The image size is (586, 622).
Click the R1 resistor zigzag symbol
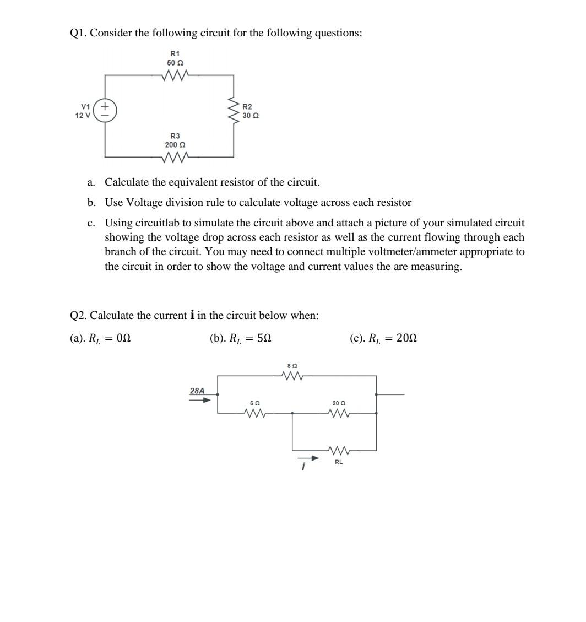(175, 75)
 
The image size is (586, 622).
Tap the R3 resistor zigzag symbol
(175, 157)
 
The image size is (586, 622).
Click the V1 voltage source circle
(105, 110)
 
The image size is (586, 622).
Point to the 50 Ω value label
(175, 63)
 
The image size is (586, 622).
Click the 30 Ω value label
(251, 116)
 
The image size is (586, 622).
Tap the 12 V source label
(83, 116)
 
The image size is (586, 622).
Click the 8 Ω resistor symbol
(292, 376)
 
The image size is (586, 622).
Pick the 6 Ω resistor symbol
(254, 413)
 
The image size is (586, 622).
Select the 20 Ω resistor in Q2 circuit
(338, 413)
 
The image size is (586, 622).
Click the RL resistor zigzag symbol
(338, 451)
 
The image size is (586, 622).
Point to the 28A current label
(197, 391)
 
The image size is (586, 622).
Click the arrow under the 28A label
(199, 400)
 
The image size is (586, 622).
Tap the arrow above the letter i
(308, 458)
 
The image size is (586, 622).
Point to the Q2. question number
(79, 316)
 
